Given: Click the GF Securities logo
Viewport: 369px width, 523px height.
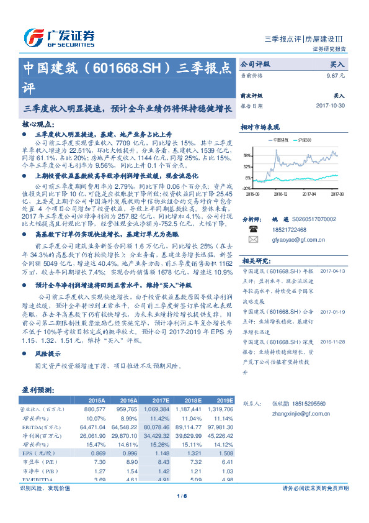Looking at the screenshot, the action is click(x=59, y=37).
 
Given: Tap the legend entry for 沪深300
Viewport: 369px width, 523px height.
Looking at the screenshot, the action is click(x=303, y=140).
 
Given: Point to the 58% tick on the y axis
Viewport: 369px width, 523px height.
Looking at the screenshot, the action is click(x=247, y=156).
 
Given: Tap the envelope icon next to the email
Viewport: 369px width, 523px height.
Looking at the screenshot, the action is click(x=252, y=239).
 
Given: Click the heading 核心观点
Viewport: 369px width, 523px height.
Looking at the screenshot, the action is click(x=37, y=124).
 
